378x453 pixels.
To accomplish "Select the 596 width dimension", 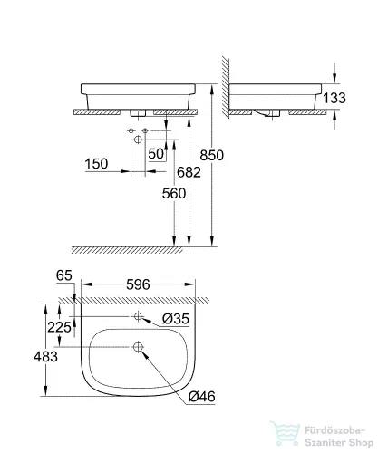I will click(x=137, y=284).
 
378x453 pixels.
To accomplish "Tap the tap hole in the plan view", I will click(x=138, y=317).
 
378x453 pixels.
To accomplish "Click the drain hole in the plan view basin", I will click(x=138, y=346).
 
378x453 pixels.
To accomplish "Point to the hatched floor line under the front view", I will click(x=136, y=248).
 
